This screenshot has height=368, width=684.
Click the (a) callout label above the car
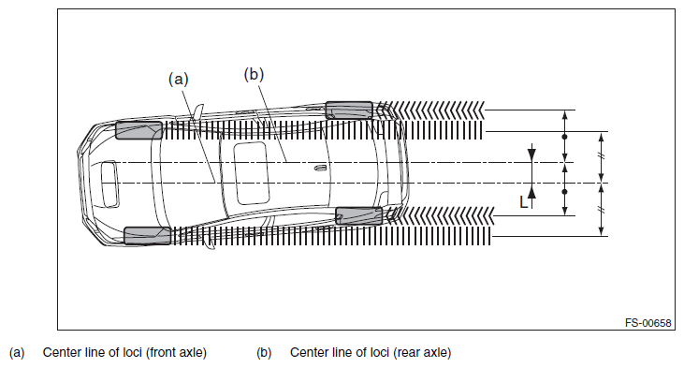179,79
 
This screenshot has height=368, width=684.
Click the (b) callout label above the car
254,74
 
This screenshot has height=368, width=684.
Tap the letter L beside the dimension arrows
523,202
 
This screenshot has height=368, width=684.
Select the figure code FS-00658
648,323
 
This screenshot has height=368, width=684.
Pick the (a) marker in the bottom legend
17,353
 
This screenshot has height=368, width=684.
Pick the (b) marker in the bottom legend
264,353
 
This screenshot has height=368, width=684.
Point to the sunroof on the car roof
252,173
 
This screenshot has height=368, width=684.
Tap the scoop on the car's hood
109,184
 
